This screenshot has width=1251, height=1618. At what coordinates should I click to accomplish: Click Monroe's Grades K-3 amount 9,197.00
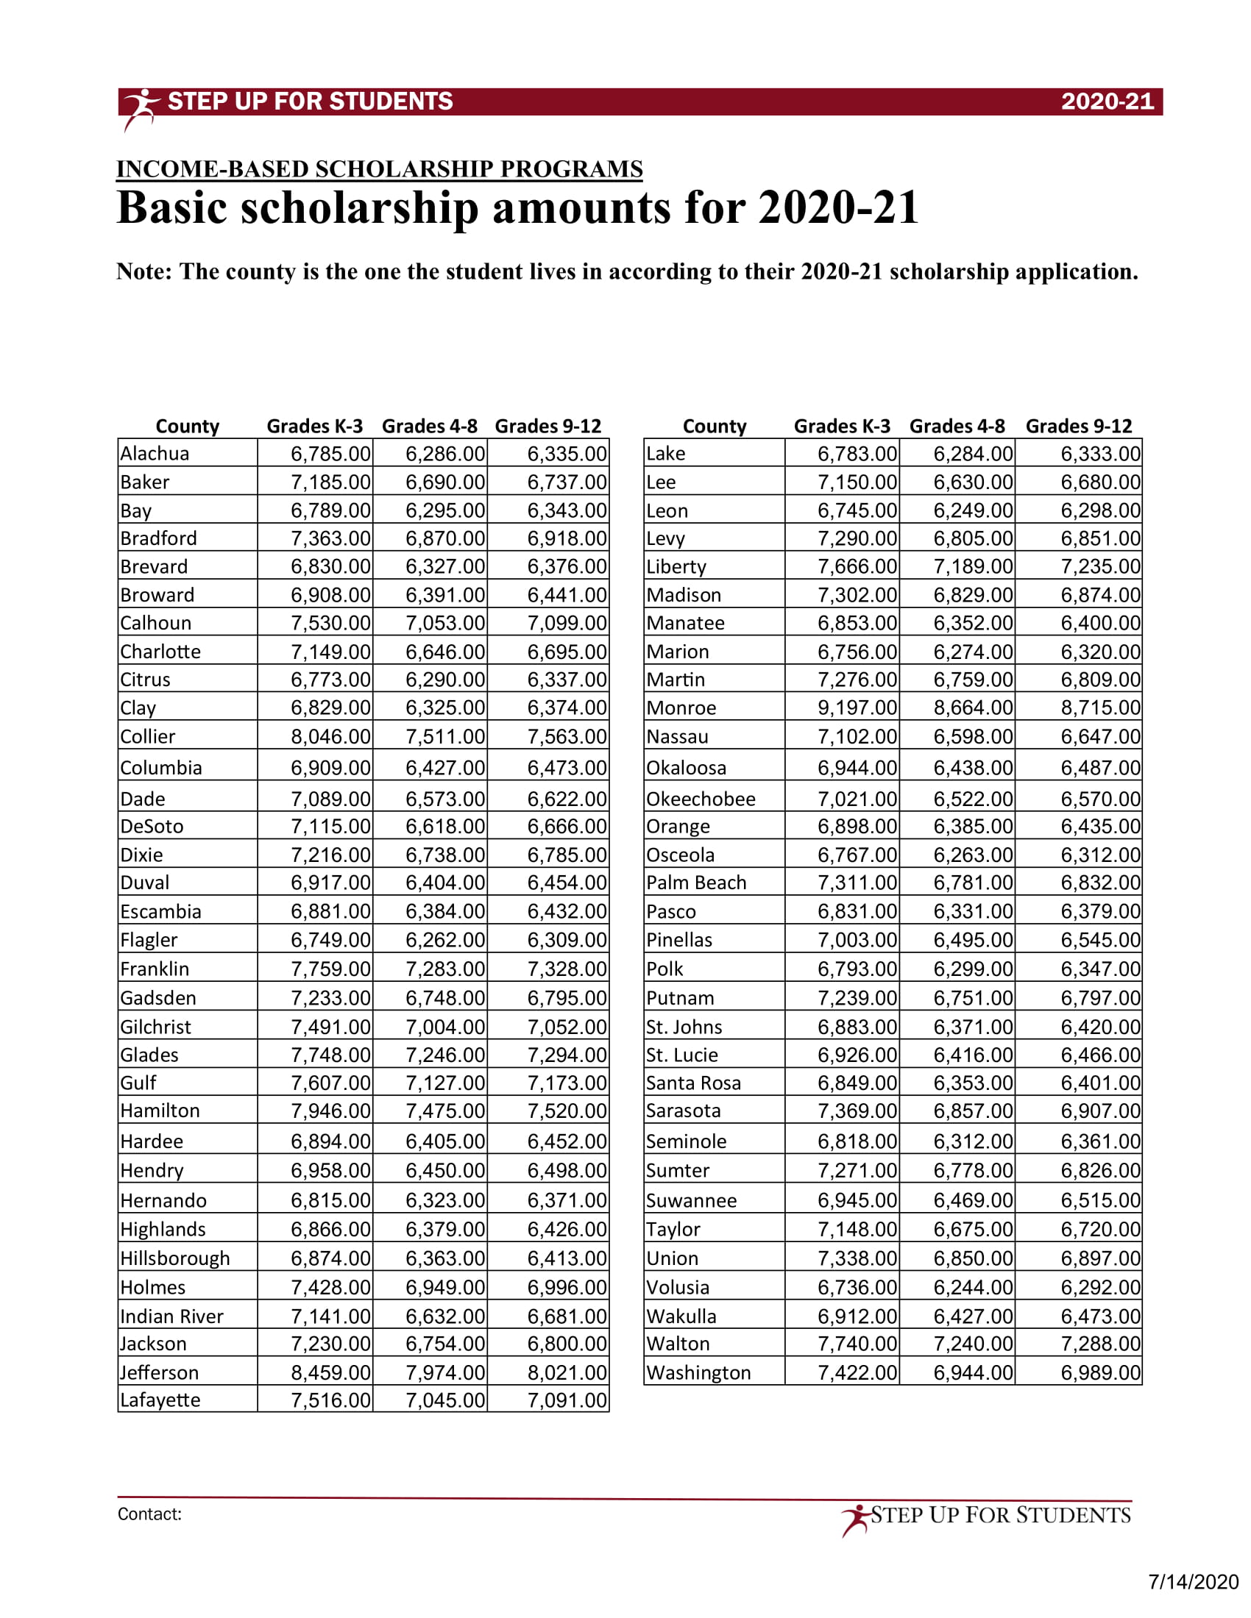857,708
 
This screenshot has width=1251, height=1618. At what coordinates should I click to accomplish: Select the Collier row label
148,736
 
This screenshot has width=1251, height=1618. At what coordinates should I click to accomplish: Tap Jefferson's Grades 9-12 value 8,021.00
567,1372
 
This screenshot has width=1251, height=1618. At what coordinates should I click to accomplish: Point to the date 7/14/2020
1193,1582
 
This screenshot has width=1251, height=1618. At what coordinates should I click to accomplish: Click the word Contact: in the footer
149,1514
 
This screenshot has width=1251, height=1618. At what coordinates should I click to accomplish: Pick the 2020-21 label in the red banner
1108,101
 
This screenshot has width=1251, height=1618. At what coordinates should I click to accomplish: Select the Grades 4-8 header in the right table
957,426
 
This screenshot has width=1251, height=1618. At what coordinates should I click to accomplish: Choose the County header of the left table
188,426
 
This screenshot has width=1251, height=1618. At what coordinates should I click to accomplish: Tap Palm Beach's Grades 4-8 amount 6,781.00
972,883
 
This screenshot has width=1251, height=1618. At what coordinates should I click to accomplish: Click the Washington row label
698,1373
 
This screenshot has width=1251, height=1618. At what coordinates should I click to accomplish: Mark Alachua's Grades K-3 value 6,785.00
330,453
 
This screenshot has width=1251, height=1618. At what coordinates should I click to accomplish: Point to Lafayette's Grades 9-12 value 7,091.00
567,1400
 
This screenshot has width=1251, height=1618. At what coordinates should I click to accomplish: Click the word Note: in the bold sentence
144,272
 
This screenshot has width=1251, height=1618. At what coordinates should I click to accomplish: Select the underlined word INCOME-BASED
212,169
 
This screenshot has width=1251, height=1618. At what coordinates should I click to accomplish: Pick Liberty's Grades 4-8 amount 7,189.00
972,567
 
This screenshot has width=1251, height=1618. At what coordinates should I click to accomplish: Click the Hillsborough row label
175,1258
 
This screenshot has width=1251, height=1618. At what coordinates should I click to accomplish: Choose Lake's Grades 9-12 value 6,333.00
1101,453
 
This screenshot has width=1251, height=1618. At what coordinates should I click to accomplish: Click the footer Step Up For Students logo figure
856,1519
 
